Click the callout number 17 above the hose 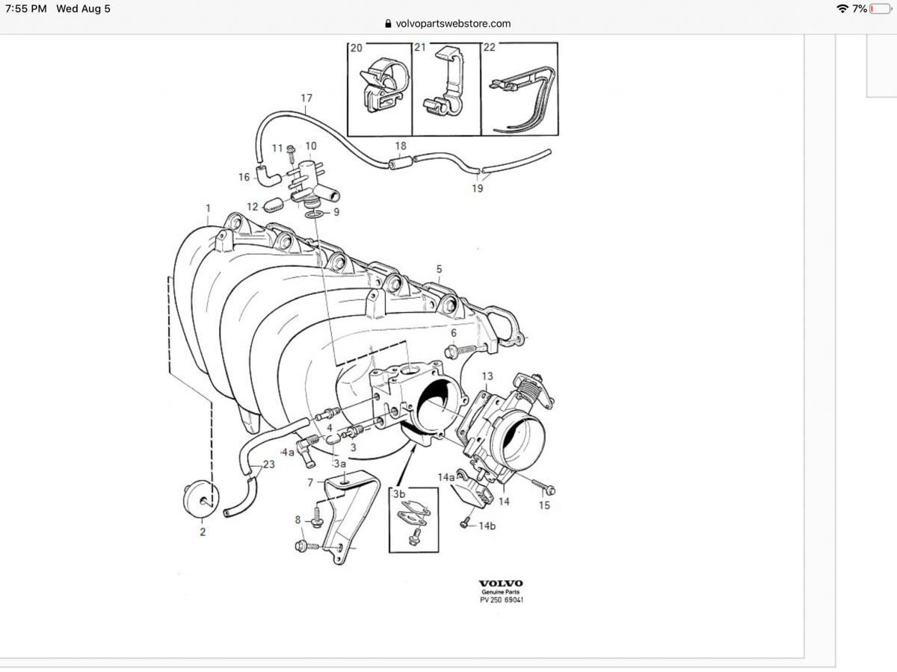click(306, 98)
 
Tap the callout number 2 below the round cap click(202, 532)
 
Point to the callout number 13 click(487, 376)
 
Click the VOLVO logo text click(501, 583)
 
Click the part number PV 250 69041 click(501, 600)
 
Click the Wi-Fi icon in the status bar click(842, 9)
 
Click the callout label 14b click(487, 526)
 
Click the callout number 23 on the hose click(269, 464)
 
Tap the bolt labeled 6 click(463, 349)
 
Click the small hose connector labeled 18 click(399, 161)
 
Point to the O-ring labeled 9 click(314, 215)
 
